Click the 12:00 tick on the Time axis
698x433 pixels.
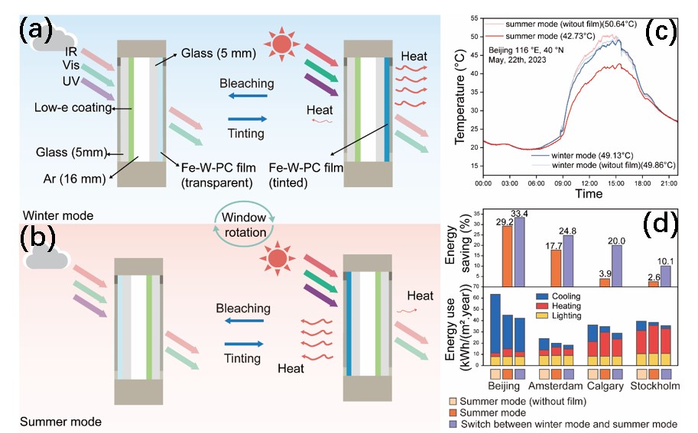click(x=589, y=184)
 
